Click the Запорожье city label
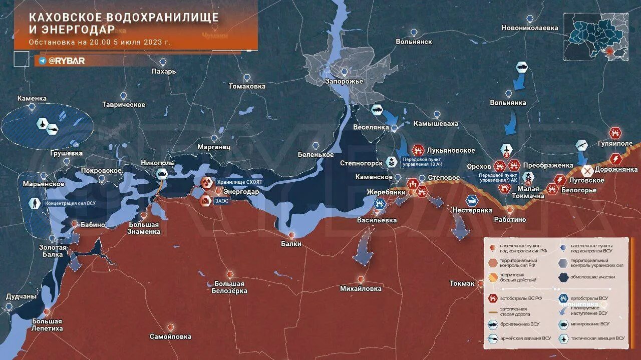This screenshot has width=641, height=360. click(344, 82)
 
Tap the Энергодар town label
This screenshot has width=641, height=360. click(241, 192)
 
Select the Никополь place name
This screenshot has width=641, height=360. click(157, 163)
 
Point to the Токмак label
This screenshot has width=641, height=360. click(461, 283)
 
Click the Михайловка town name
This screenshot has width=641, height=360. click(361, 288)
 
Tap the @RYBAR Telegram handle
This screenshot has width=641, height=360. click(66, 61)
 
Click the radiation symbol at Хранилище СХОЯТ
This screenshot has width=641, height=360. click(206, 182)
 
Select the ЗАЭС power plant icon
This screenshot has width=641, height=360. click(205, 201)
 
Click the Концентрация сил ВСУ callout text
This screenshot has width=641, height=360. click(70, 203)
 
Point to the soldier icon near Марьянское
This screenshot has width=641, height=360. click(34, 203)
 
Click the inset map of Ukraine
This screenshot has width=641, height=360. click(595, 37)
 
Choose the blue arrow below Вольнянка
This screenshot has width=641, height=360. click(510, 122)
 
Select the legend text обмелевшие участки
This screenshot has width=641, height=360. click(593, 277)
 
